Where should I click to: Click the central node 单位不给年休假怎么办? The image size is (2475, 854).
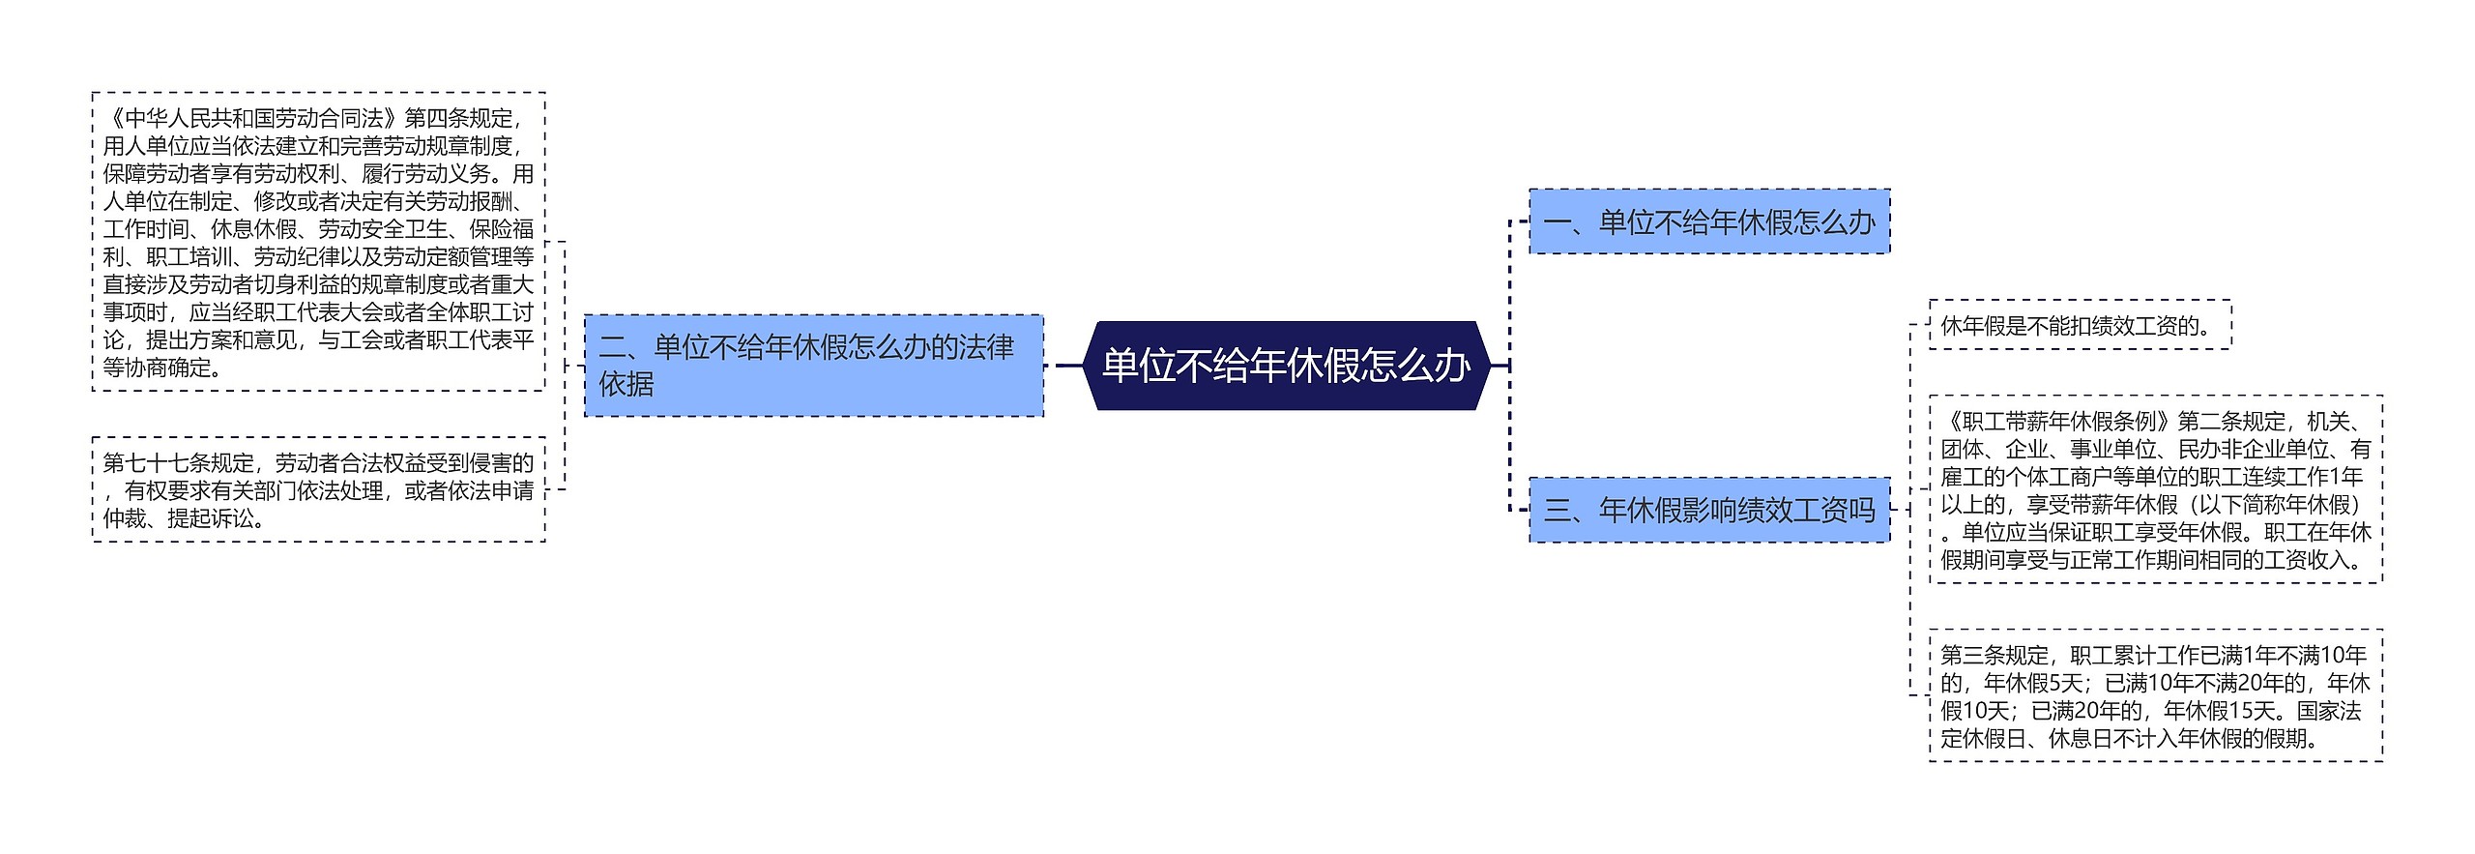point(1286,366)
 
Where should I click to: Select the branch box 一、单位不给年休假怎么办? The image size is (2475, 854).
point(1708,222)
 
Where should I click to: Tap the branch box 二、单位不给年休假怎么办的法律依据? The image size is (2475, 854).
point(813,366)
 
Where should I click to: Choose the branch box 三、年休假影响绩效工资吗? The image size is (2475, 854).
point(1708,510)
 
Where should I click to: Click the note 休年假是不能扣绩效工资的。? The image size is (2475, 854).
point(2079,325)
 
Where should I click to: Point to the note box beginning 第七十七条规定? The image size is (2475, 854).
point(318,489)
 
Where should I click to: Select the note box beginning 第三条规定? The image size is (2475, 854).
point(2155,696)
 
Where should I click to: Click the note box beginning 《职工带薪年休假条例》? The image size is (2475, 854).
point(2155,489)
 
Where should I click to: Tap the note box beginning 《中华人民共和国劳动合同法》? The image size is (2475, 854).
point(318,242)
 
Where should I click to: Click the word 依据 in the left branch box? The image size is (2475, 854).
point(626,384)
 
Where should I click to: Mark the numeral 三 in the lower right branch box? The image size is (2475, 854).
point(1557,510)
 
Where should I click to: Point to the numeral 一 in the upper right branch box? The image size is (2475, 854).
point(1557,222)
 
